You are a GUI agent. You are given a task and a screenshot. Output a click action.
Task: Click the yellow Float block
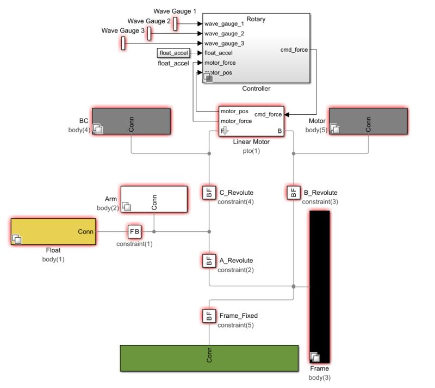click(53, 232)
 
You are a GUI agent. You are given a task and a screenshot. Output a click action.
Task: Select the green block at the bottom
click(209, 358)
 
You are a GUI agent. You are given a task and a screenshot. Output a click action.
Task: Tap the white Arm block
click(154, 199)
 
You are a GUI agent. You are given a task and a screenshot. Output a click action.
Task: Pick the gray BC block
click(131, 121)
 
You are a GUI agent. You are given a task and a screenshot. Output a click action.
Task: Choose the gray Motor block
click(368, 121)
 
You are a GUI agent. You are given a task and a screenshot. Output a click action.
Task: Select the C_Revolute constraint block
click(209, 192)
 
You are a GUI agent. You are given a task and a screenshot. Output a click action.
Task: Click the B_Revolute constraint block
click(293, 192)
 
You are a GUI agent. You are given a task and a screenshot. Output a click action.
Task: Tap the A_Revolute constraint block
click(209, 260)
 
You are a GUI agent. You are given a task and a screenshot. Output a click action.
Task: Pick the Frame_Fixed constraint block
click(209, 315)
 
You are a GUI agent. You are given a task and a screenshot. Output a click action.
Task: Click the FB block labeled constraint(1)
click(134, 231)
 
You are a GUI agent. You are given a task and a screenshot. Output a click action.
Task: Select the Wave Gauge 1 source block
click(176, 24)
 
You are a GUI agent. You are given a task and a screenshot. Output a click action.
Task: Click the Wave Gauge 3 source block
click(123, 43)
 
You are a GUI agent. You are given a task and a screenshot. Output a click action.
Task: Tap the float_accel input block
click(173, 53)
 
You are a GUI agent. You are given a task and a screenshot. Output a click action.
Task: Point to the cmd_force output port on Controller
click(294, 50)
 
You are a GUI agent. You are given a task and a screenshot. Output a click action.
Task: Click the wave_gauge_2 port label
click(224, 34)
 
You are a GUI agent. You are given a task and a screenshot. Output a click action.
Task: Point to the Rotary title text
click(256, 19)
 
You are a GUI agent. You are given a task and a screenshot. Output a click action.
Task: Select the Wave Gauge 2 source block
click(149, 34)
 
